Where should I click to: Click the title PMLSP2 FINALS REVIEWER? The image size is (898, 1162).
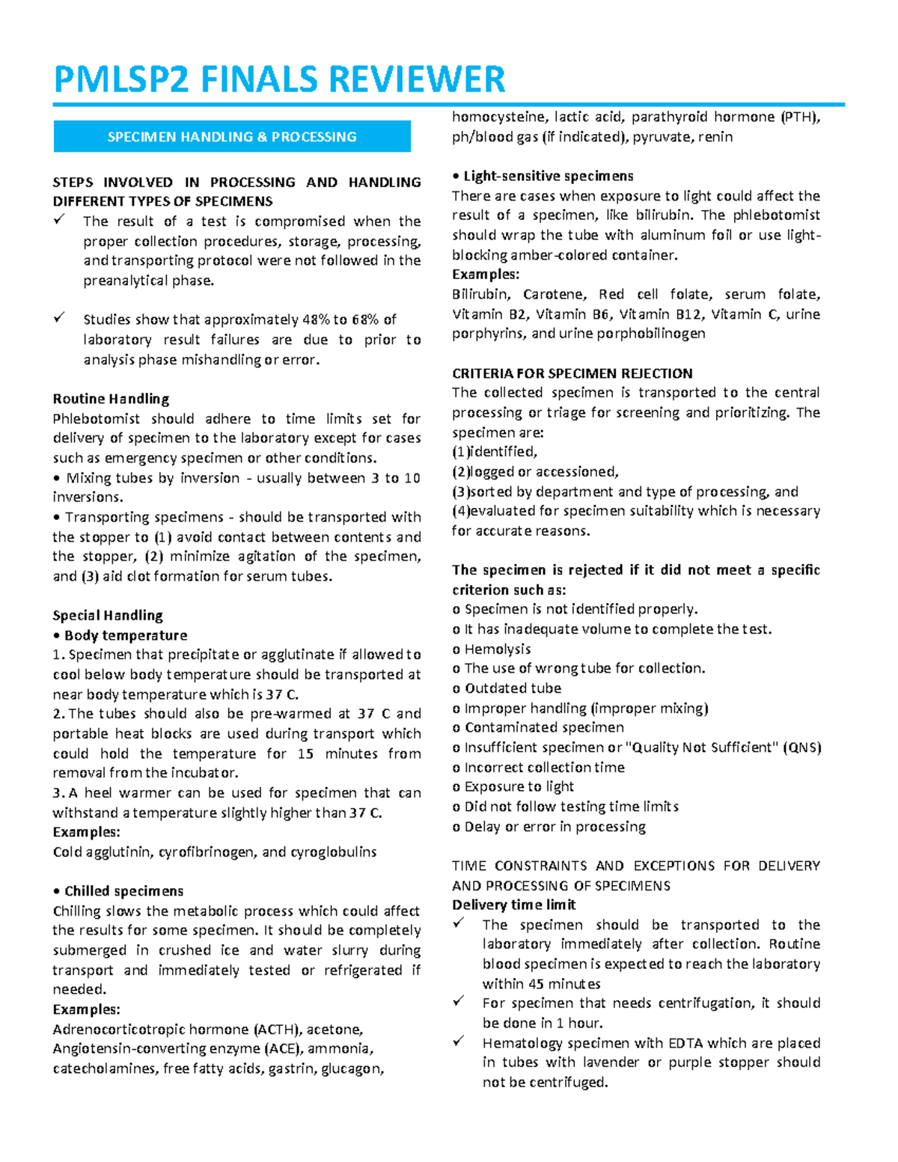[x=279, y=79]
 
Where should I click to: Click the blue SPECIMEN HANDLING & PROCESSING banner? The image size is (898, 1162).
[x=232, y=137]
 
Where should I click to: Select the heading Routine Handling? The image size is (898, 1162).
[x=111, y=399]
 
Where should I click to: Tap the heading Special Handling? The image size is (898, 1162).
[x=108, y=615]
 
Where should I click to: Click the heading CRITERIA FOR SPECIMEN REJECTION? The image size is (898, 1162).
[x=572, y=373]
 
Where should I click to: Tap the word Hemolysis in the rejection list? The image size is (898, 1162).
[x=498, y=649]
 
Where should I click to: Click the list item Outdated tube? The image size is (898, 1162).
[x=513, y=688]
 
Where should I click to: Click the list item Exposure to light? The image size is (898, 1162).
[x=519, y=786]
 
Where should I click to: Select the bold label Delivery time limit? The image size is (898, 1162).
[x=513, y=905]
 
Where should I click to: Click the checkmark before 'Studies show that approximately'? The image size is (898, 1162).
[x=59, y=318]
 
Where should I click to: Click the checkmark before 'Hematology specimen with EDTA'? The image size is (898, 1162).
[x=459, y=1041]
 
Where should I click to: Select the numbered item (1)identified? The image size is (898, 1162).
[x=495, y=452]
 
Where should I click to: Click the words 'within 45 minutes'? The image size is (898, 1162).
[x=541, y=984]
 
